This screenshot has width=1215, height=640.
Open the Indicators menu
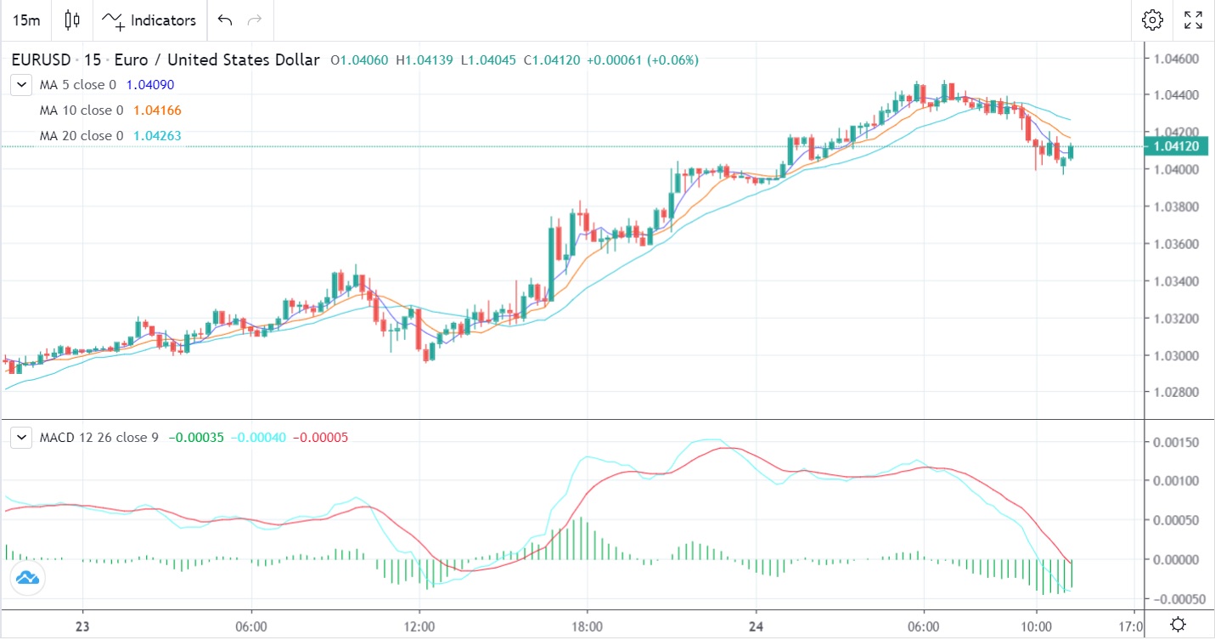(x=149, y=20)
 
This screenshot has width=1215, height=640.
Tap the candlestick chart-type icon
(x=72, y=20)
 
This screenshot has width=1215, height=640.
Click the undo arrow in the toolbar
(x=224, y=20)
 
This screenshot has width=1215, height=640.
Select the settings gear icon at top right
(x=1152, y=20)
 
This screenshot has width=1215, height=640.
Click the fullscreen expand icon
(x=1193, y=20)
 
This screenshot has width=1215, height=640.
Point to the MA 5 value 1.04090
(x=151, y=85)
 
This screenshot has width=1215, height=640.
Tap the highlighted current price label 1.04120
(x=1176, y=147)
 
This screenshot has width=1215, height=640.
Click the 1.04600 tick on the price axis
(x=1176, y=58)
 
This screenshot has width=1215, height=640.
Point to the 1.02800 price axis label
(x=1176, y=393)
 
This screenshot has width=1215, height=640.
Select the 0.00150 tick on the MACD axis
(x=1176, y=442)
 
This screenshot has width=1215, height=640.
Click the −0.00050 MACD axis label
(x=1174, y=599)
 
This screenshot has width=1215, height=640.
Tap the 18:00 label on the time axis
(x=587, y=625)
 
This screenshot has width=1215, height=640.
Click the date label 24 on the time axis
(x=756, y=625)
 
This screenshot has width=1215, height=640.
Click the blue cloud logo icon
(x=27, y=579)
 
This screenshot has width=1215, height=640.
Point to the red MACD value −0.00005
(x=320, y=438)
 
